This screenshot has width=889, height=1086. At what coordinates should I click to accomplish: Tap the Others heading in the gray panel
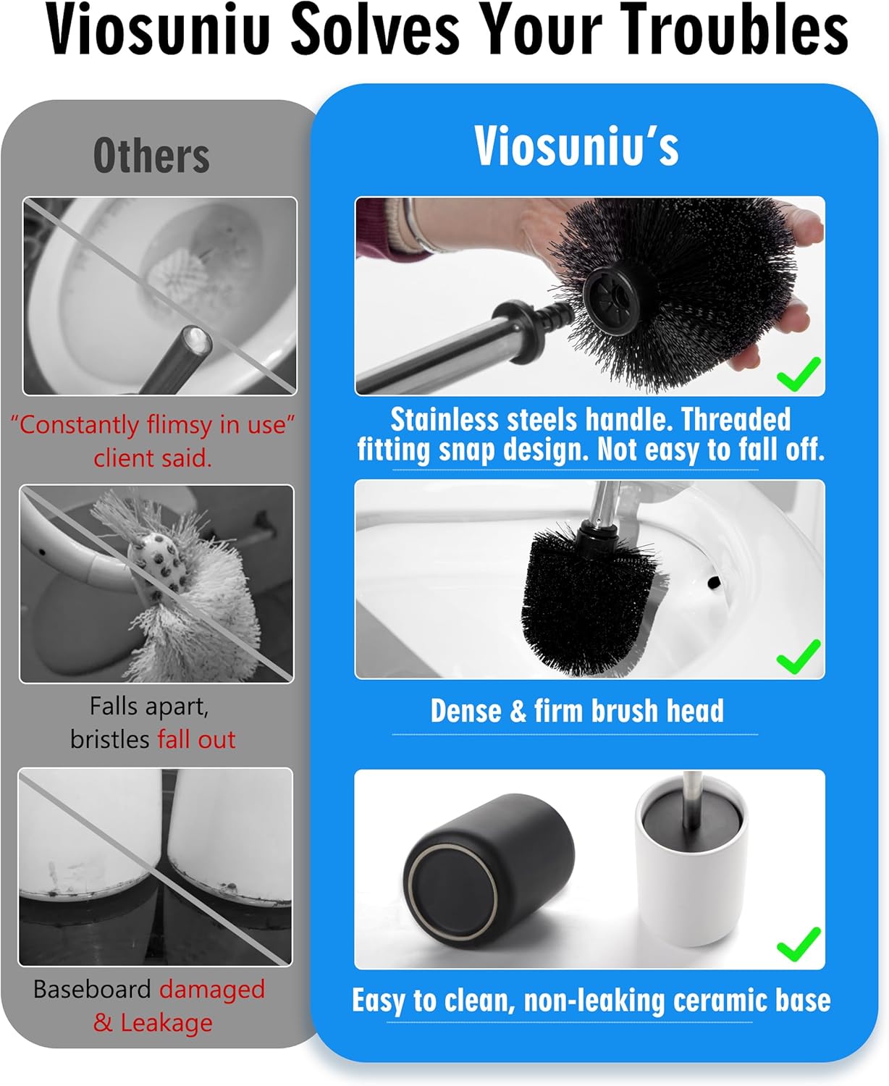[x=151, y=156]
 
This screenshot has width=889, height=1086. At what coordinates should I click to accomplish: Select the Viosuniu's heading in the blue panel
[x=576, y=146]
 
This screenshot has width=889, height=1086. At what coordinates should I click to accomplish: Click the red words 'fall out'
[x=196, y=739]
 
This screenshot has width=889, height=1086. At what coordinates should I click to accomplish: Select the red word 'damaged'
[x=212, y=989]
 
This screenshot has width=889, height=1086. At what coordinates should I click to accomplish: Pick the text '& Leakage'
[x=153, y=1022]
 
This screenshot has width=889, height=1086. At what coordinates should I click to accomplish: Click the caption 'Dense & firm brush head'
[x=576, y=711]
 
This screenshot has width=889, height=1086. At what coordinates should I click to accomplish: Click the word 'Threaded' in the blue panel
[x=736, y=420]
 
